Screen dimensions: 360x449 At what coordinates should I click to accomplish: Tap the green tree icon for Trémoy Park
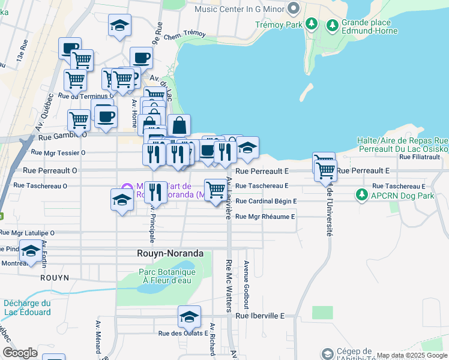[x=311, y=24]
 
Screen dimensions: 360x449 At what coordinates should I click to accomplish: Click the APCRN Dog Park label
[x=402, y=196]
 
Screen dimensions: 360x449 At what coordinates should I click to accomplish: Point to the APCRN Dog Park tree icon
[x=361, y=195]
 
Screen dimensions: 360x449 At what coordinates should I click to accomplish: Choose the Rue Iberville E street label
[x=260, y=316]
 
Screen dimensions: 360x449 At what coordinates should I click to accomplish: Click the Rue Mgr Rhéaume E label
[x=265, y=217]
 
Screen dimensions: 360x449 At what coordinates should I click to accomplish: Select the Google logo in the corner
[x=20, y=353]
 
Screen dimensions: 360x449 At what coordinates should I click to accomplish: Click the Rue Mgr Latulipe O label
[x=27, y=233]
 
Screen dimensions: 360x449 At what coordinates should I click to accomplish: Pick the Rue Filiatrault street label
[x=420, y=157]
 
